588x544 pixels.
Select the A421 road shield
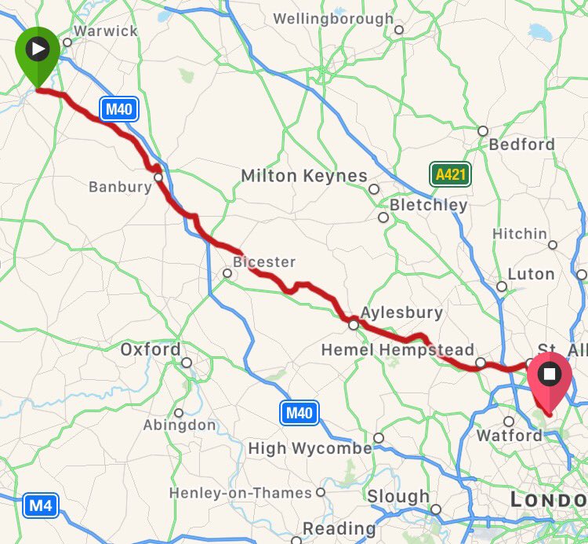pyautogui.click(x=450, y=174)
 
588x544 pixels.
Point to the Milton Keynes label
pyautogui.click(x=303, y=176)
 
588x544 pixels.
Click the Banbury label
pyautogui.click(x=120, y=187)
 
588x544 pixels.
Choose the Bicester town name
pyautogui.click(x=264, y=261)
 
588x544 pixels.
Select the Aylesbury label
pyautogui.click(x=401, y=312)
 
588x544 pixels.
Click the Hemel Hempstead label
pyautogui.click(x=397, y=350)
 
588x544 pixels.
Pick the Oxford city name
pyautogui.click(x=150, y=349)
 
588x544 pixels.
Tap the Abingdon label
pyautogui.click(x=180, y=425)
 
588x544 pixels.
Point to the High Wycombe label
pyautogui.click(x=310, y=449)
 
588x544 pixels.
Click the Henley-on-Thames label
pyautogui.click(x=241, y=493)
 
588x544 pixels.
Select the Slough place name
pyautogui.click(x=397, y=497)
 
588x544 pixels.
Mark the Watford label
pyautogui.click(x=509, y=435)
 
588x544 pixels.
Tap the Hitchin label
pyautogui.click(x=519, y=234)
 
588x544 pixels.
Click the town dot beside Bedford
pyautogui.click(x=483, y=131)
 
